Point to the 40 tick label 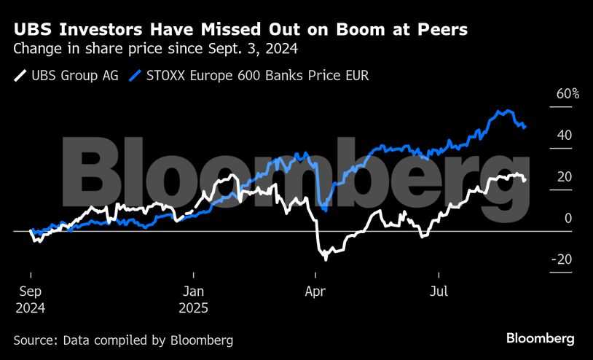click(x=565, y=136)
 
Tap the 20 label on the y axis click(x=565, y=177)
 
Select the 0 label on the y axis click(x=568, y=219)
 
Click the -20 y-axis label click(x=562, y=260)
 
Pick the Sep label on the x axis click(x=31, y=291)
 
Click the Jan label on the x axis click(x=193, y=291)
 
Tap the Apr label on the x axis click(x=315, y=291)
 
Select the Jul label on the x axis click(x=439, y=291)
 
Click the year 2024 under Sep click(x=31, y=308)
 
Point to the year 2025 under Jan click(x=194, y=308)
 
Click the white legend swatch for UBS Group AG click(x=20, y=75)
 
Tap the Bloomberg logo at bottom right click(x=541, y=339)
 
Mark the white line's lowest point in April click(x=325, y=259)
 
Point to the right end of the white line click(x=526, y=180)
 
